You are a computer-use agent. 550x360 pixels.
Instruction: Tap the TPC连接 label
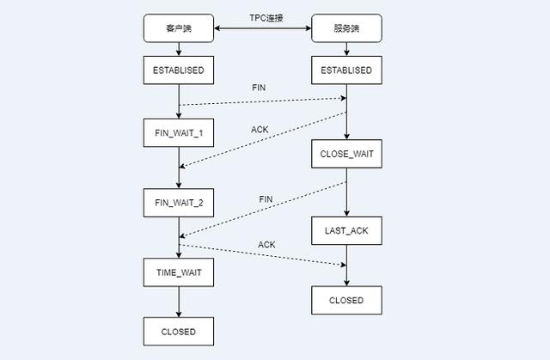(x=261, y=17)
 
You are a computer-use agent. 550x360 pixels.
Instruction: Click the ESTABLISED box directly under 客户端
(x=178, y=70)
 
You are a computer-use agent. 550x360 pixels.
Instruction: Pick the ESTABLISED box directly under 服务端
(x=346, y=70)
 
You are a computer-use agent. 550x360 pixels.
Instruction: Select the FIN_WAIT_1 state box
(x=178, y=133)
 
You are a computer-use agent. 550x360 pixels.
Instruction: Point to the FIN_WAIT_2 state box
(x=178, y=203)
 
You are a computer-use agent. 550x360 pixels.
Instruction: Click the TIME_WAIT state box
(x=178, y=272)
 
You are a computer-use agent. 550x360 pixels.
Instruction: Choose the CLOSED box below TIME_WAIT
(x=178, y=331)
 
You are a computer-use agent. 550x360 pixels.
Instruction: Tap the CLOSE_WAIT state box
(x=346, y=156)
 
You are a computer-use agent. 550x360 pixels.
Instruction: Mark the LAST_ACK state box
(x=346, y=230)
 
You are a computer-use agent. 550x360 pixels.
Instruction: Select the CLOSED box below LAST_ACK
(x=346, y=300)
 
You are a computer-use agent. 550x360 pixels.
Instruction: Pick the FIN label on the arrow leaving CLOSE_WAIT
(x=266, y=199)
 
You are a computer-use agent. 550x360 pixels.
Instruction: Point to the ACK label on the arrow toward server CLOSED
(x=266, y=246)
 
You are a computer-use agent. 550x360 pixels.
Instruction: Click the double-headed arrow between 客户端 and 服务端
(x=261, y=30)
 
